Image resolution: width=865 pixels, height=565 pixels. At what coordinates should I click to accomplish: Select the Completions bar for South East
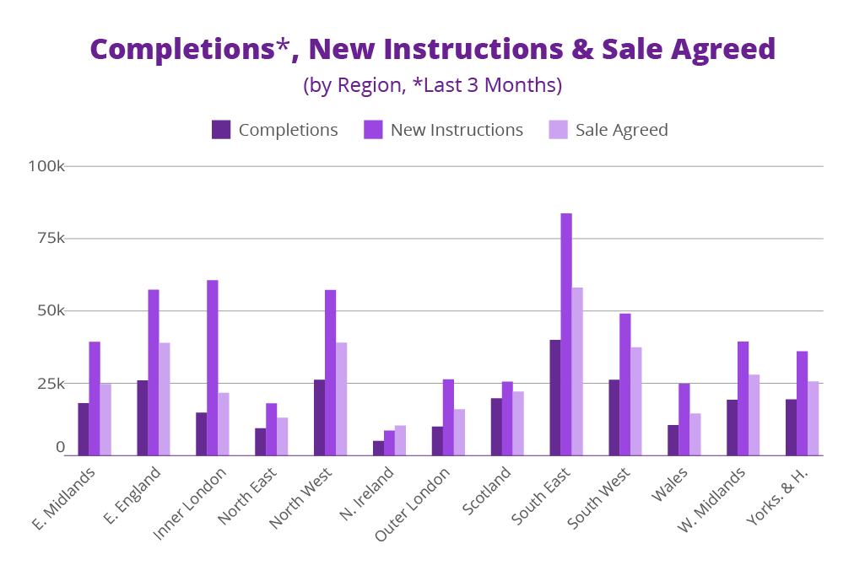(x=555, y=397)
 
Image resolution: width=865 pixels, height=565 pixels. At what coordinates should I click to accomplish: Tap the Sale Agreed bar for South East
(x=577, y=371)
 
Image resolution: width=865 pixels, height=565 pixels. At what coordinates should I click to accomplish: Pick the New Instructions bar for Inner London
(x=213, y=368)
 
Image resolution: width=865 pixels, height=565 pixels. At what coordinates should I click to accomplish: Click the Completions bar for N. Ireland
(x=378, y=448)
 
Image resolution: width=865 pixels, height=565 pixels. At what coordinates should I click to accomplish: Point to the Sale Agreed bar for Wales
(x=695, y=434)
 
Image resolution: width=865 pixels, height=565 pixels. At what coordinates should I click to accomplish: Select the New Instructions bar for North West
(x=331, y=372)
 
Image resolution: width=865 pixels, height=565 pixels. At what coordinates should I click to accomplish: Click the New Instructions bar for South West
(x=625, y=385)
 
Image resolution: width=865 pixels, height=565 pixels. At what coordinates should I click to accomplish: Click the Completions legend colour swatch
(x=221, y=130)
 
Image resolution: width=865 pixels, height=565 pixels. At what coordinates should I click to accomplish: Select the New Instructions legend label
(x=457, y=130)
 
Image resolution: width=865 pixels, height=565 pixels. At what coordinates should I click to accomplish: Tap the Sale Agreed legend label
(x=621, y=130)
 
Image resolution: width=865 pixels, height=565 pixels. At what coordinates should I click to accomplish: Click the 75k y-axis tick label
(x=50, y=239)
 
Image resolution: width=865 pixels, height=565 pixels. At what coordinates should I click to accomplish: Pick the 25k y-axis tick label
(x=50, y=384)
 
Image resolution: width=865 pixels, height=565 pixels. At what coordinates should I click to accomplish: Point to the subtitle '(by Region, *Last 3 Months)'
(x=432, y=86)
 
